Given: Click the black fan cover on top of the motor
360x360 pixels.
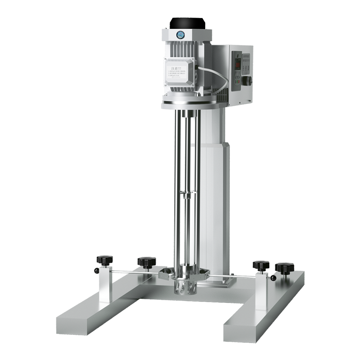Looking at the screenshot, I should click(x=187, y=22).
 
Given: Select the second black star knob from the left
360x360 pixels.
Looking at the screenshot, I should click(x=147, y=261).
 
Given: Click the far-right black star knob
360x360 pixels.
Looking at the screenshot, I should click(x=284, y=268).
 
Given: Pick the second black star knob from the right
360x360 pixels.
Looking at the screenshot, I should click(x=261, y=265).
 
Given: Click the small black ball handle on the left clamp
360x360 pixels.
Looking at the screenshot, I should click(x=97, y=271).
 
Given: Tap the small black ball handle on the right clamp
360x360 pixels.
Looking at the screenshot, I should click(x=273, y=278).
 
